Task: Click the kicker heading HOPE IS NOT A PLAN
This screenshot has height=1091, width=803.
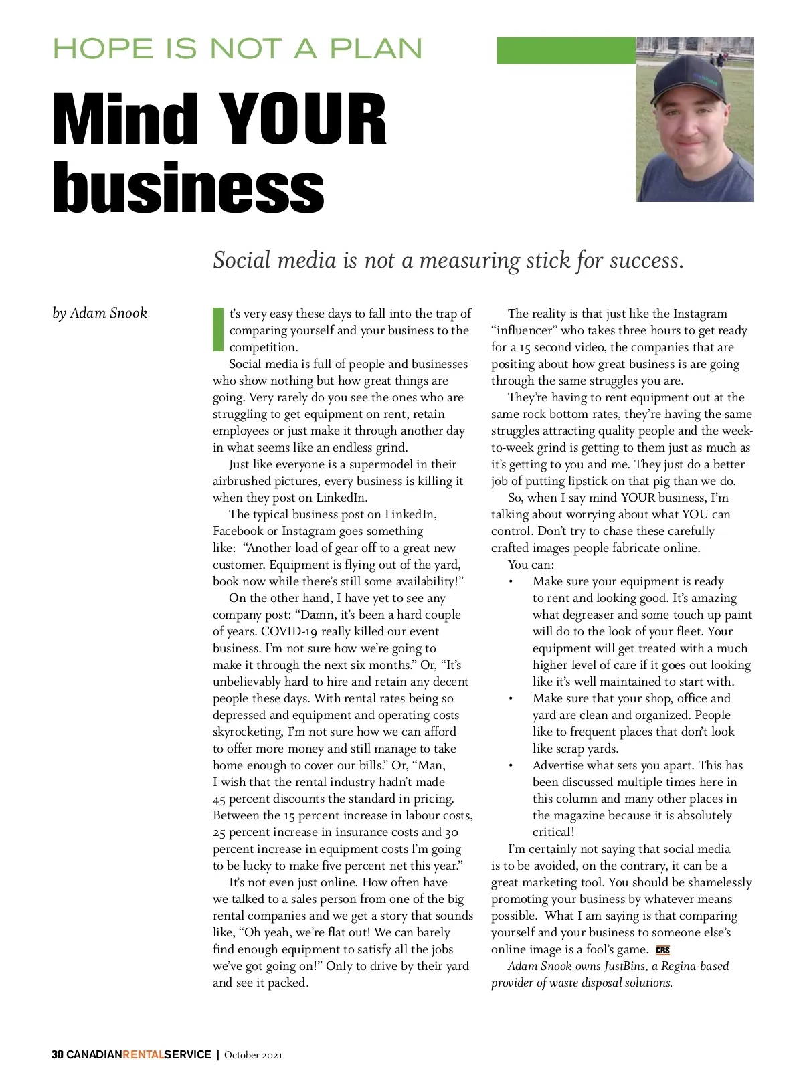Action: [238, 49]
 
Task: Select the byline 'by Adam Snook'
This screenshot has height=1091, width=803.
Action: [100, 313]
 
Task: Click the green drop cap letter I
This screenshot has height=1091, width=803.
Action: [217, 329]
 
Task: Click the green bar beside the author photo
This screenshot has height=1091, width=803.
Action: [565, 51]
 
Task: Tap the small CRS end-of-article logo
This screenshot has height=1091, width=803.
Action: [662, 950]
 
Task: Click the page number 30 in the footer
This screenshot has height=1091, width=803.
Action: [58, 1055]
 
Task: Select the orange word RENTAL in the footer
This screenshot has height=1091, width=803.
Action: [143, 1055]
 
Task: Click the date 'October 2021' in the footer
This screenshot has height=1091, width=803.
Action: [253, 1055]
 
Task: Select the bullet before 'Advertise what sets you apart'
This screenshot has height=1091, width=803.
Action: [511, 766]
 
